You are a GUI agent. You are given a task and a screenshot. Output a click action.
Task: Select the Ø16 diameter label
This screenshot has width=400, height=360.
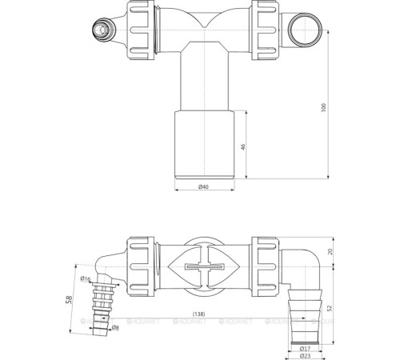pyautogui.click(x=86, y=278)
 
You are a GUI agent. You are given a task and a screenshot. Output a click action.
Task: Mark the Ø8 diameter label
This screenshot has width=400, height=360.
pyautogui.click(x=116, y=328)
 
